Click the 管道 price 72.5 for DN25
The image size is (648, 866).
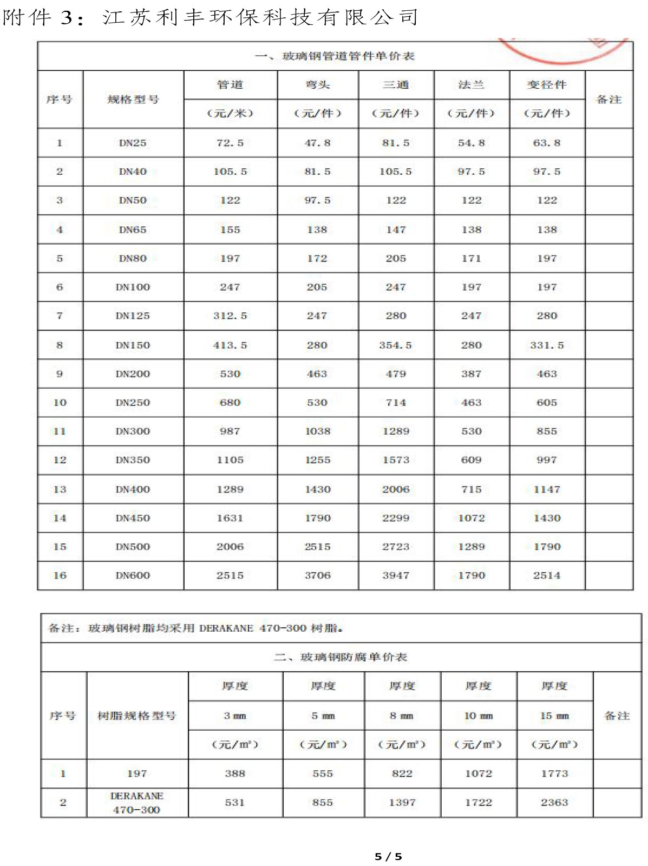tap(230, 143)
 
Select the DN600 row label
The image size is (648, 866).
tap(133, 575)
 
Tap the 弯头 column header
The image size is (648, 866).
tap(317, 85)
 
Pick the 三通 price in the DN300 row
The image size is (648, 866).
tap(396, 431)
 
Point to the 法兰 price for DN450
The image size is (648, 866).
tap(472, 518)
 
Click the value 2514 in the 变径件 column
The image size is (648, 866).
tap(547, 575)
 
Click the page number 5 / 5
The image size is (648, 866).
tap(388, 856)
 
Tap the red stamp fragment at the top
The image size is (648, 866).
tap(563, 50)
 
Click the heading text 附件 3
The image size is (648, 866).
tap(38, 18)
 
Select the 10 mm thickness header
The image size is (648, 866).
tap(479, 716)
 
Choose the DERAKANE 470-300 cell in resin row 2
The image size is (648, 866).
tap(136, 803)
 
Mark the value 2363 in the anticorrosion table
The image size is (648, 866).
tap(554, 802)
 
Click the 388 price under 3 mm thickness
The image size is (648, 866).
tap(235, 773)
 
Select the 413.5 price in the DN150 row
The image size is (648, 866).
tap(230, 345)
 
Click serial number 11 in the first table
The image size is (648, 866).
tap(60, 431)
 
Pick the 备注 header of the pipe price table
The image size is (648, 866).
tap(608, 100)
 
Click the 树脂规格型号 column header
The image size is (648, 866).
tap(136, 716)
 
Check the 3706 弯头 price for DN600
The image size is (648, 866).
tap(317, 575)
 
